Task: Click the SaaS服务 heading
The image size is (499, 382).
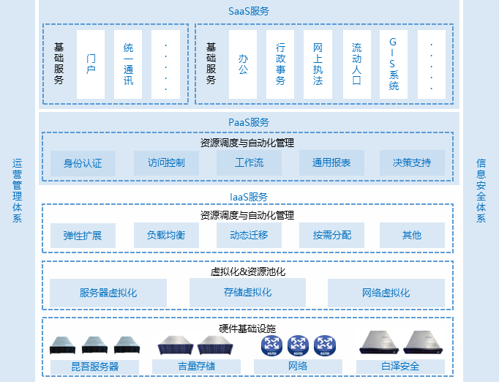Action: click(x=249, y=11)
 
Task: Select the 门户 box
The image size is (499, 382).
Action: click(x=91, y=64)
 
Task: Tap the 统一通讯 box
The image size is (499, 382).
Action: click(x=129, y=64)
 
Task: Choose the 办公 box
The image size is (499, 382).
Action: click(x=243, y=64)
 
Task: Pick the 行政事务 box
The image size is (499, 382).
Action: click(x=280, y=64)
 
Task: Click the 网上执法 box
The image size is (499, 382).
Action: click(x=318, y=64)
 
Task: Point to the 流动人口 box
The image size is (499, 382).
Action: click(x=356, y=64)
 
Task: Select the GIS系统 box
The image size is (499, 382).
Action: click(x=394, y=64)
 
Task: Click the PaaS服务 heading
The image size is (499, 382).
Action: click(x=249, y=122)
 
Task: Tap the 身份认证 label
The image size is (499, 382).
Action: click(x=83, y=163)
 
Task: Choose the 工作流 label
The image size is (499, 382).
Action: click(x=249, y=163)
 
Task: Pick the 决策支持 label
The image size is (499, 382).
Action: click(x=412, y=163)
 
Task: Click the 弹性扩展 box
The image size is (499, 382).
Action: click(x=83, y=236)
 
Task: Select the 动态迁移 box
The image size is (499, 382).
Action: click(x=249, y=236)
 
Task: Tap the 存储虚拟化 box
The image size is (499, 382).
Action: click(x=247, y=293)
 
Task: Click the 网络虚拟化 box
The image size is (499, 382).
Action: click(x=386, y=293)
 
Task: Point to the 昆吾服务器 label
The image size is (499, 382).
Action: click(x=95, y=366)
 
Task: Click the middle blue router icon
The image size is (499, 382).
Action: click(x=298, y=345)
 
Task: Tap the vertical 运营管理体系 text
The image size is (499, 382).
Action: click(x=18, y=191)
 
